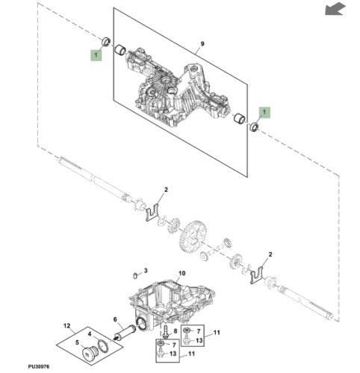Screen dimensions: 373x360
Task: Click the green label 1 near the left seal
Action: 96,54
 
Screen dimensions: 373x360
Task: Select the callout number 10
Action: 180,274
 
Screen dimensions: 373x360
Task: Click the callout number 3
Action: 146,269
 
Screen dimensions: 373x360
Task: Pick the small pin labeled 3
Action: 134,274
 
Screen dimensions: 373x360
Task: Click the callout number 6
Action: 117,319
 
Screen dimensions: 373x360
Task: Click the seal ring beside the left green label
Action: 105,40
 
